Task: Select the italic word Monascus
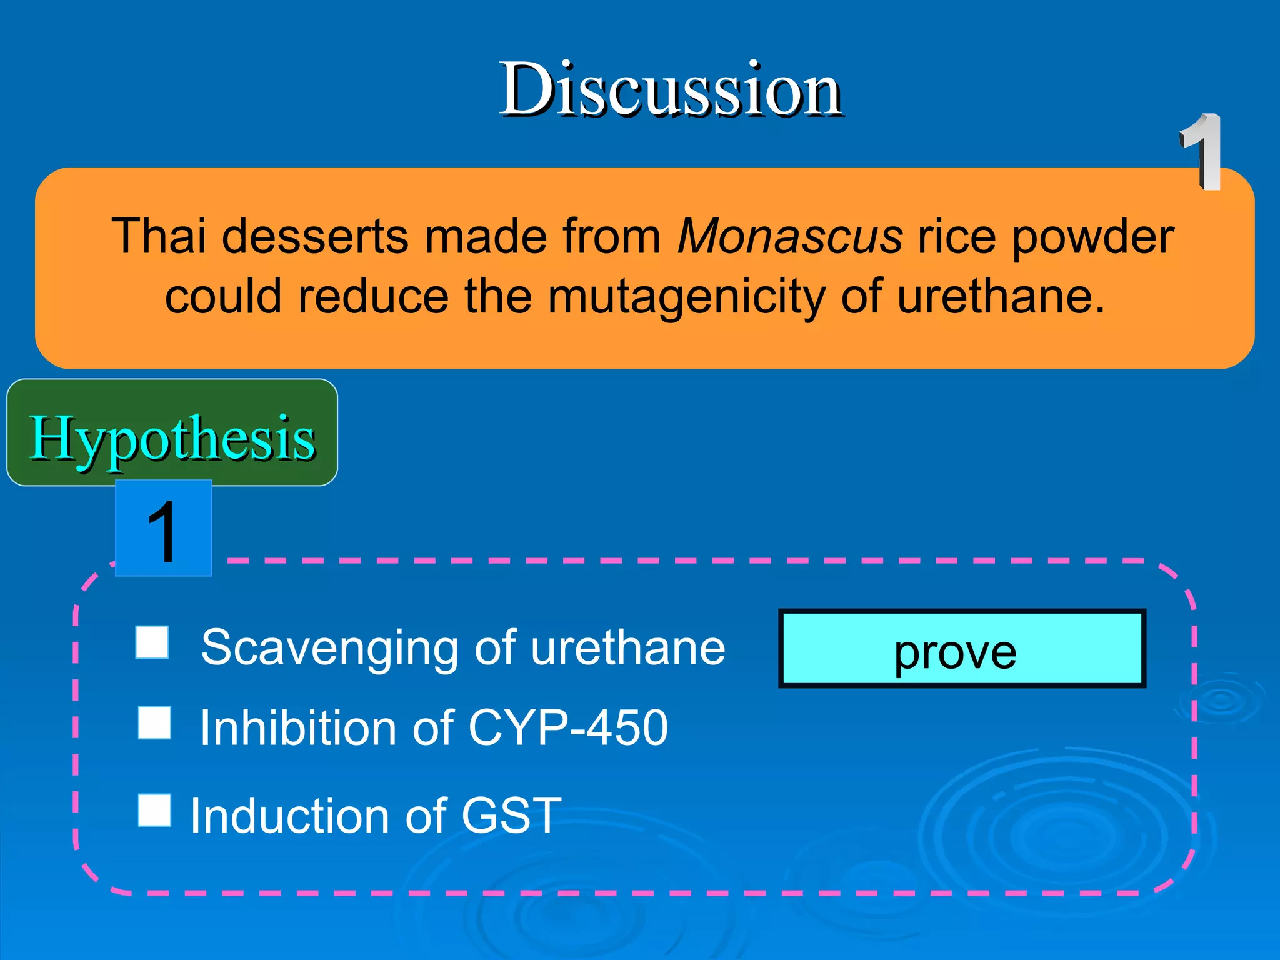coord(790,237)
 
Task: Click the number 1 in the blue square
coord(163,530)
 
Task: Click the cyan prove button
coord(961,649)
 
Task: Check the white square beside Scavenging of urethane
coord(152,642)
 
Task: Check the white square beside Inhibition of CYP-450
coord(154,723)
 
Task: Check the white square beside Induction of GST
coord(154,810)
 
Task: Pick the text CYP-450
coord(567,728)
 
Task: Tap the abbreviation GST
coord(511,816)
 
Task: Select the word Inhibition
coord(298,728)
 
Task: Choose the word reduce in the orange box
coord(372,297)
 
